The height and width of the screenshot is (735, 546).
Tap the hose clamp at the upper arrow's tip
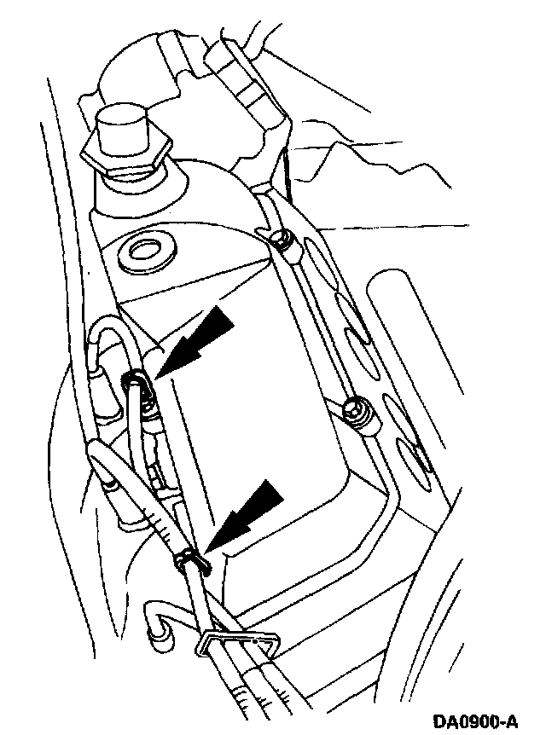pyautogui.click(x=136, y=382)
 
